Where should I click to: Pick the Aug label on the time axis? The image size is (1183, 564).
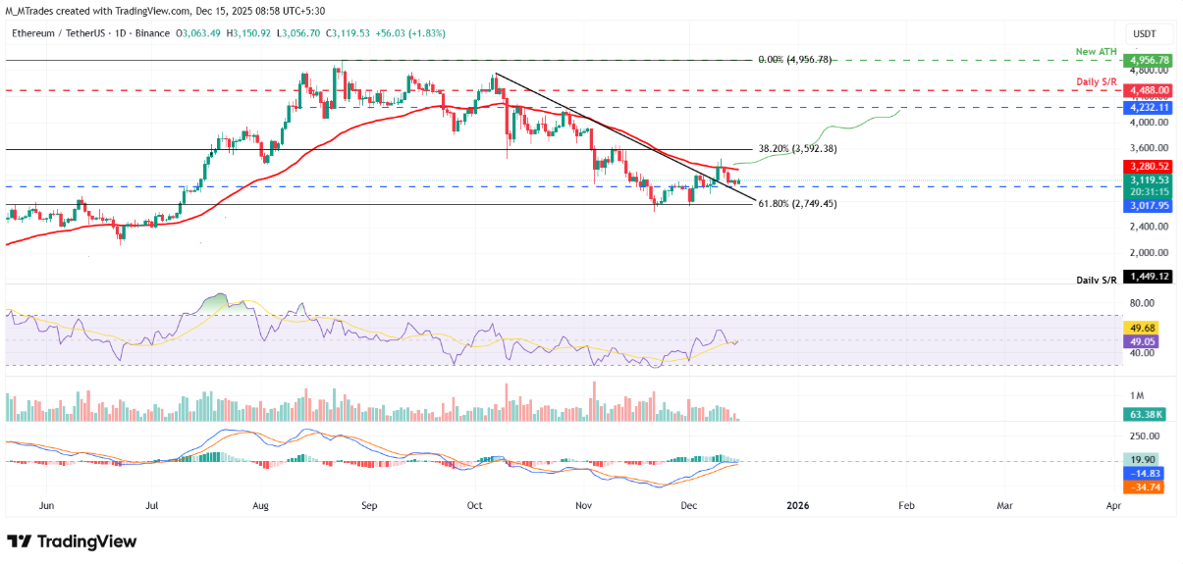(x=261, y=506)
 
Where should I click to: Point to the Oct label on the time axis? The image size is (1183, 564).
(x=475, y=506)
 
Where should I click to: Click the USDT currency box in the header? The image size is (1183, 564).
(x=1144, y=32)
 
